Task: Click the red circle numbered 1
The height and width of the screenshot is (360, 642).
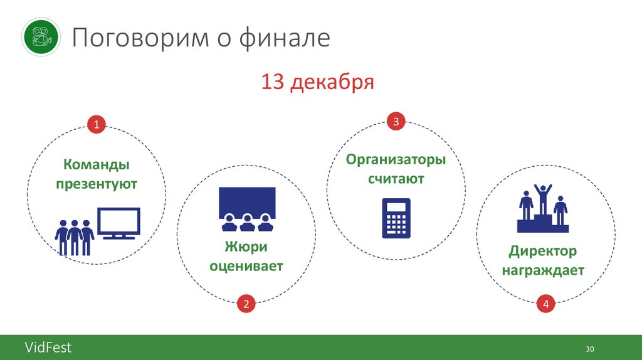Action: pos(97,125)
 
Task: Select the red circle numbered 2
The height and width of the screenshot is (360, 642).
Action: pos(246,305)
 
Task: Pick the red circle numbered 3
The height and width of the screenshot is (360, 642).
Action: pos(396,121)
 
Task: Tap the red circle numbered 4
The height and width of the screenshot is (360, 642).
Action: pos(546,304)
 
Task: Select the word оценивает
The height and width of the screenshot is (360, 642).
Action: pos(246,266)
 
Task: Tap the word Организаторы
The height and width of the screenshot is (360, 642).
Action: pos(396,159)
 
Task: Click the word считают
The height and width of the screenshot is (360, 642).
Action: pos(396,179)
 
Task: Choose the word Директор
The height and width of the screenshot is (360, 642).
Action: pos(543,251)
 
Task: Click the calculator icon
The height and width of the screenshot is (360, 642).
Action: pos(396,218)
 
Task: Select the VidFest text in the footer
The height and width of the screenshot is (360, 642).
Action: pos(48,347)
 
